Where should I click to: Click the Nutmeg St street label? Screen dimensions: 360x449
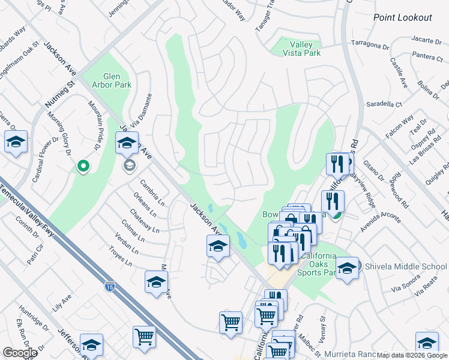coord(59,95)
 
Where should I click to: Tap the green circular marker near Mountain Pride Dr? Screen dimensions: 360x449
coord(83,166)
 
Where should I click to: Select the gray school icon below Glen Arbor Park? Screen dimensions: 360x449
coord(128,166)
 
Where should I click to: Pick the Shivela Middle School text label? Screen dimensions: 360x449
coord(405,267)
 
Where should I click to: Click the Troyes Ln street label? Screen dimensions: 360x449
coord(121,259)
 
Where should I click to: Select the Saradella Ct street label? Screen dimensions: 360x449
coord(385,104)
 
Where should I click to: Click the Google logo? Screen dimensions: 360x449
coord(20,353)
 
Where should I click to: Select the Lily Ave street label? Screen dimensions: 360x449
coord(62,300)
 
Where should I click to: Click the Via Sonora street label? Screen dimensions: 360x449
coord(405,281)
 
